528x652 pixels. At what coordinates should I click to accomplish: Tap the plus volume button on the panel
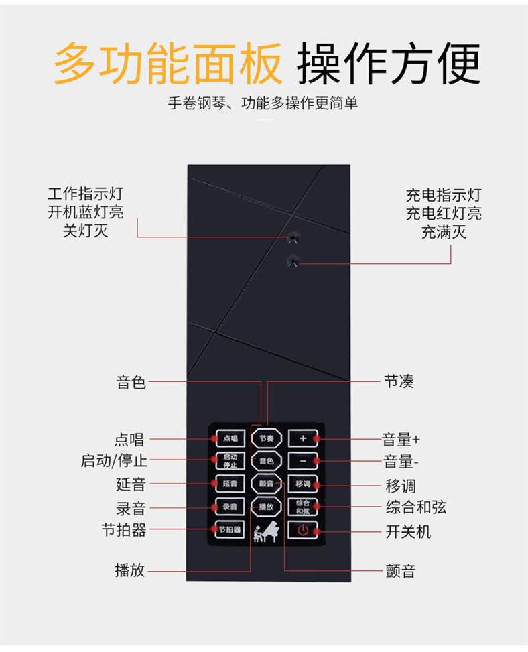click(x=302, y=438)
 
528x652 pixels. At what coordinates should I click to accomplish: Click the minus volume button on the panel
click(x=302, y=461)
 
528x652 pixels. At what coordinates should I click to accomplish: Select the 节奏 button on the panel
click(x=266, y=439)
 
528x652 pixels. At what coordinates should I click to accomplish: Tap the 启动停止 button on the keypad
click(x=230, y=461)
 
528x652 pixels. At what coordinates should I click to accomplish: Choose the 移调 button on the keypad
click(x=302, y=483)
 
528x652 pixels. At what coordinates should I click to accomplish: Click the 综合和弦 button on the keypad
click(x=302, y=507)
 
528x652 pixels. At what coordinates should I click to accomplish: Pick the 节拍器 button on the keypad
click(x=230, y=529)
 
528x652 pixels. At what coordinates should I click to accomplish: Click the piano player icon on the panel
click(x=266, y=531)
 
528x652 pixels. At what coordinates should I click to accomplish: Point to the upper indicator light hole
click(x=292, y=237)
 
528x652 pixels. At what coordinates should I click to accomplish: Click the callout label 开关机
click(x=408, y=532)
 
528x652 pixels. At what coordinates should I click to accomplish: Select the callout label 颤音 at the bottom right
click(x=400, y=572)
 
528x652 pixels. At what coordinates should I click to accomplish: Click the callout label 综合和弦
click(x=415, y=507)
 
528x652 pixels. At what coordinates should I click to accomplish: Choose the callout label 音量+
click(x=401, y=440)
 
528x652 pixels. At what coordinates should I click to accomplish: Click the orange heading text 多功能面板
click(x=168, y=64)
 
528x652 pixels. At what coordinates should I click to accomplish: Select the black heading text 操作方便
click(x=389, y=64)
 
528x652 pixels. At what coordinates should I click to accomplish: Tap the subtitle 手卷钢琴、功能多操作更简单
click(x=263, y=103)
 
